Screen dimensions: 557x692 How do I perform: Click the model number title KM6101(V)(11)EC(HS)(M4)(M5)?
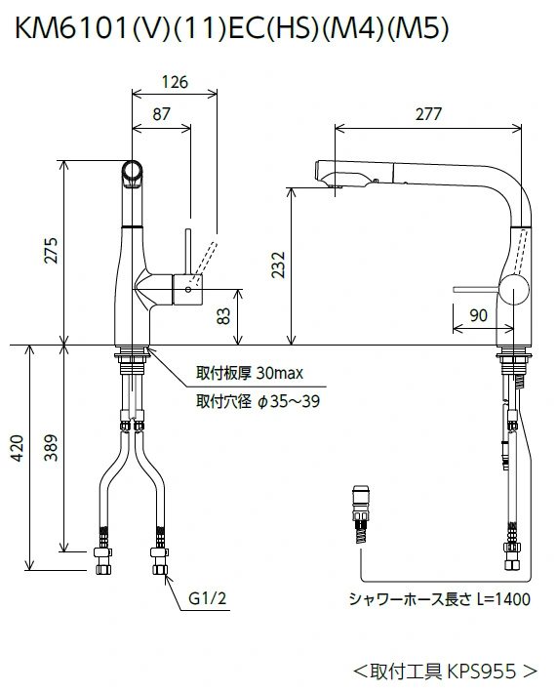coord(232,27)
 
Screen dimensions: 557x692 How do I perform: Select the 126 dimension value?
coord(175,82)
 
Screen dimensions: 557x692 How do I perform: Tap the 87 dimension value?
coord(161,114)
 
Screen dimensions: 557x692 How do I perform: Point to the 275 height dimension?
coord(52,251)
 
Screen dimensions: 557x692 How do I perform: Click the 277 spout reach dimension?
coord(428,114)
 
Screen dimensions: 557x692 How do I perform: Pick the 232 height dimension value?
coord(278,265)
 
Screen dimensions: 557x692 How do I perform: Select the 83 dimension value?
coord(224,316)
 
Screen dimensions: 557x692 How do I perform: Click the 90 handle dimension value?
coord(479,315)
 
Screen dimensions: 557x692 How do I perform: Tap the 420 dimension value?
coord(17,448)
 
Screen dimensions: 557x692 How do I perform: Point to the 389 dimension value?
coord(52,448)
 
